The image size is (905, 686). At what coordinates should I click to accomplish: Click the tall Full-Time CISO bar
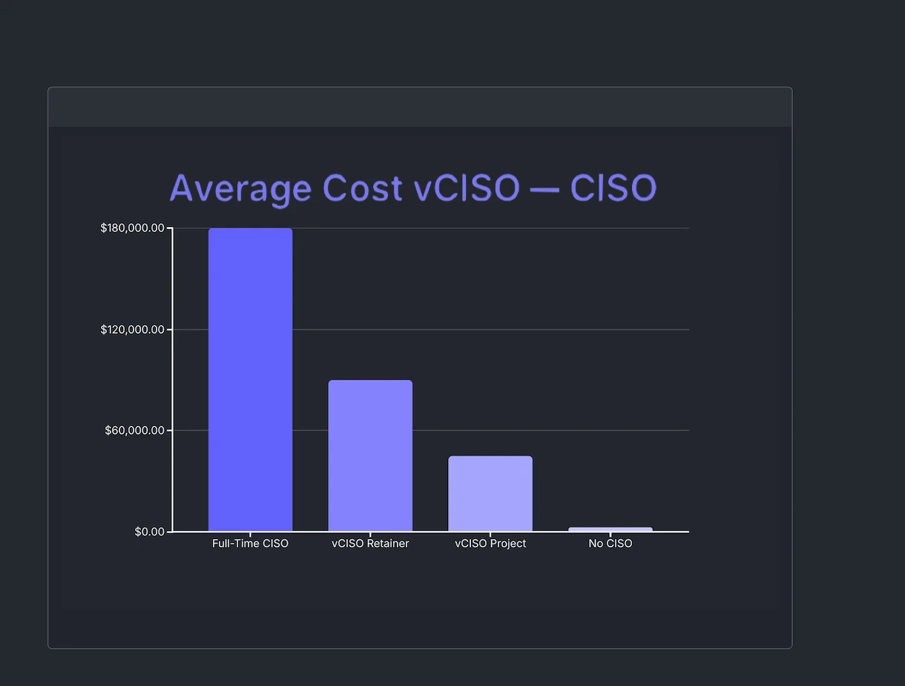pyautogui.click(x=250, y=380)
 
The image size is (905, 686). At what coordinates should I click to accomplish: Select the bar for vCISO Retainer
pyautogui.click(x=370, y=455)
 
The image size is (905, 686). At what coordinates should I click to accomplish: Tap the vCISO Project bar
pyautogui.click(x=490, y=493)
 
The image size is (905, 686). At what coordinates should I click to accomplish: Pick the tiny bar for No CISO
pyautogui.click(x=611, y=530)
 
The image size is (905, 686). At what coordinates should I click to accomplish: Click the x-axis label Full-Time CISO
pyautogui.click(x=250, y=544)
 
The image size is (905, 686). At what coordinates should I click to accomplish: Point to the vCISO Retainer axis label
pyautogui.click(x=370, y=544)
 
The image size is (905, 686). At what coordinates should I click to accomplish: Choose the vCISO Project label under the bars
pyautogui.click(x=490, y=544)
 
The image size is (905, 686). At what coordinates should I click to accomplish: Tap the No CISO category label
pyautogui.click(x=611, y=544)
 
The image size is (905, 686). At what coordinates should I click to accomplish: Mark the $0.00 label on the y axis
pyautogui.click(x=149, y=532)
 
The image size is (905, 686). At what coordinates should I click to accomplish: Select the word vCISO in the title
pyautogui.click(x=467, y=188)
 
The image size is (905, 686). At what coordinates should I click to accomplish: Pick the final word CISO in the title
pyautogui.click(x=613, y=188)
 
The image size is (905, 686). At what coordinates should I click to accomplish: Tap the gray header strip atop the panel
pyautogui.click(x=420, y=107)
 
